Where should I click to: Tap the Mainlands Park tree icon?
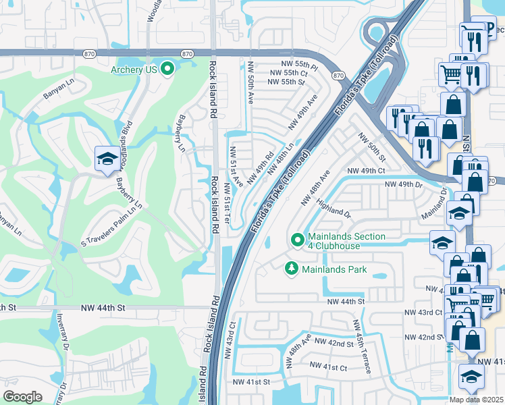click(292, 269)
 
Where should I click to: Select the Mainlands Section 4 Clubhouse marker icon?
click(297, 240)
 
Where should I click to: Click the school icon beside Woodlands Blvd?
click(107, 159)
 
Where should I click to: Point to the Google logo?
click(22, 396)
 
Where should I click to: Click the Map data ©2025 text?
click(475, 400)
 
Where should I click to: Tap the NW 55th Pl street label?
click(288, 62)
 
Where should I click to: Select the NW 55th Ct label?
click(288, 72)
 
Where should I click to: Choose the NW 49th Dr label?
click(403, 184)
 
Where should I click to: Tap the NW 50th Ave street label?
click(250, 83)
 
